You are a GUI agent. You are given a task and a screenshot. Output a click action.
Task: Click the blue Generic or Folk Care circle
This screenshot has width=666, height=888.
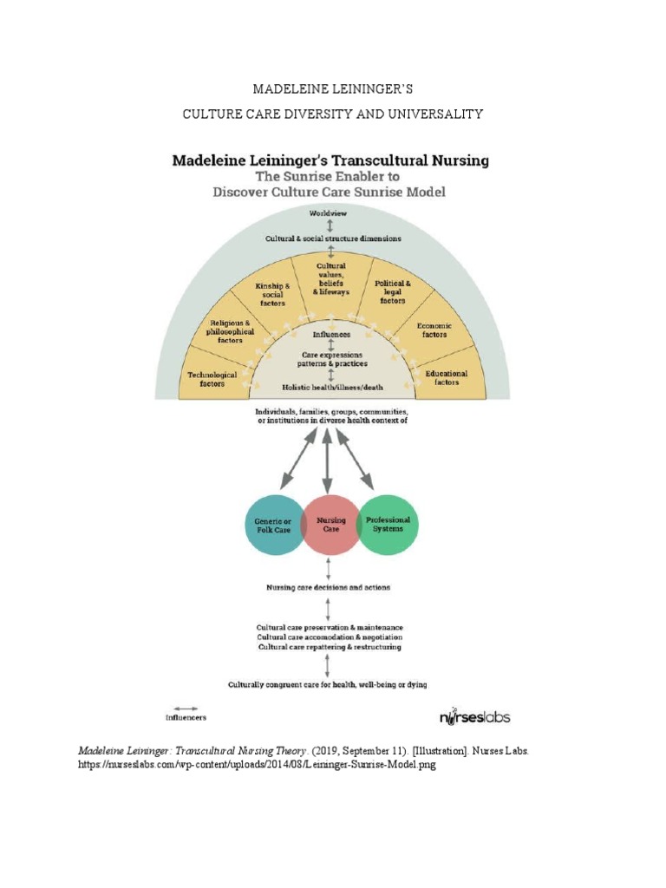pyautogui.click(x=271, y=525)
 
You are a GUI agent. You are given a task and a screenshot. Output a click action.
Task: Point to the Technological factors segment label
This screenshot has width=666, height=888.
pyautogui.click(x=212, y=378)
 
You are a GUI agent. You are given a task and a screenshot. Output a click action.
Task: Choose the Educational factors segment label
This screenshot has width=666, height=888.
pyautogui.click(x=446, y=377)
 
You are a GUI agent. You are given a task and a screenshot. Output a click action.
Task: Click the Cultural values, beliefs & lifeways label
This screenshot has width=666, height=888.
pyautogui.click(x=330, y=278)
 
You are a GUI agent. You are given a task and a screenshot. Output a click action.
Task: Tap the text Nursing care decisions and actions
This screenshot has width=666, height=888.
pyautogui.click(x=328, y=587)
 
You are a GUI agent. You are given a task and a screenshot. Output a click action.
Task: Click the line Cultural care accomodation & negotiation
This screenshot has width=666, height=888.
pyautogui.click(x=329, y=637)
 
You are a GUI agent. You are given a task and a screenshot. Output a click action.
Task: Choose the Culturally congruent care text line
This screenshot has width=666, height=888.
pyautogui.click(x=328, y=684)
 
